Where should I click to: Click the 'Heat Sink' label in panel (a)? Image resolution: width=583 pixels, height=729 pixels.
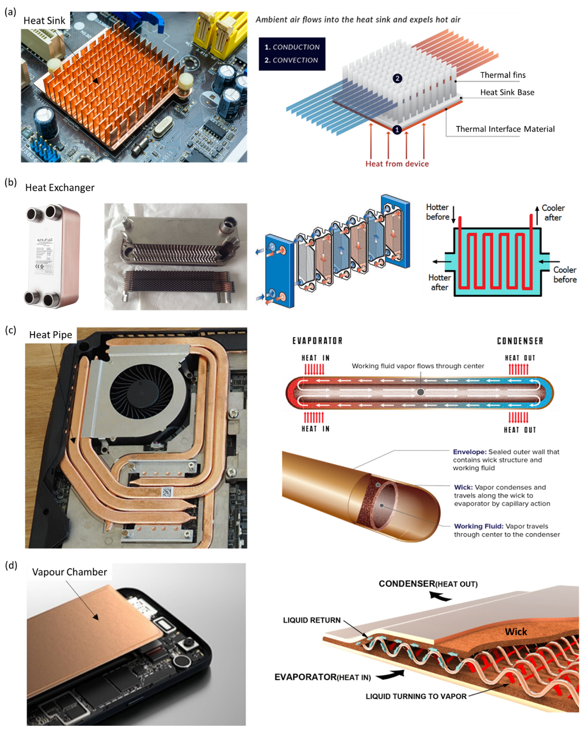(x=44, y=21)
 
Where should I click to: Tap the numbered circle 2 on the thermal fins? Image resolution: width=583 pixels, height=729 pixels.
(x=397, y=78)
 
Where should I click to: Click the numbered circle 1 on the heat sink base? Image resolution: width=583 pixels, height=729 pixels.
(x=397, y=130)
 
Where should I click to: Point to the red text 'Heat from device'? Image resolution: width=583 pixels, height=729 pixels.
(x=397, y=164)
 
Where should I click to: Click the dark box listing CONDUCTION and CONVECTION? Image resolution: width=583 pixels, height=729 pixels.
(x=292, y=54)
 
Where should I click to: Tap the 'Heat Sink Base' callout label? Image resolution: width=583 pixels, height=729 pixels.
(x=507, y=92)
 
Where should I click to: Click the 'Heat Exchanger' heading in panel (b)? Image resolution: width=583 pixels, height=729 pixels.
(x=60, y=188)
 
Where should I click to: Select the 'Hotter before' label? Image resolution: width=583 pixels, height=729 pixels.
(x=437, y=212)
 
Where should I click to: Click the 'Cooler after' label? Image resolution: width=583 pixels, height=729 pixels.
(x=553, y=213)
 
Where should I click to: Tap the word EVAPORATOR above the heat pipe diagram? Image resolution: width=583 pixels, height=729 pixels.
(x=317, y=341)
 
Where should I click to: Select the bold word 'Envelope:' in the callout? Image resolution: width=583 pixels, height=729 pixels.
(x=470, y=452)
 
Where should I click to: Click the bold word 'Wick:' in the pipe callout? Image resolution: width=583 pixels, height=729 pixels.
(x=463, y=488)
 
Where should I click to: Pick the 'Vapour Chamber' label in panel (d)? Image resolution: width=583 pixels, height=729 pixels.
(x=69, y=572)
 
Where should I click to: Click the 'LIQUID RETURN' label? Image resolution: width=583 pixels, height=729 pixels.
(x=312, y=620)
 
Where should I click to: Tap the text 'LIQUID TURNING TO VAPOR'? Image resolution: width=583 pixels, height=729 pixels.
(x=416, y=696)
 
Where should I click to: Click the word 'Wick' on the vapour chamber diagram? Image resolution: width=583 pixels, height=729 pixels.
(x=516, y=632)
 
